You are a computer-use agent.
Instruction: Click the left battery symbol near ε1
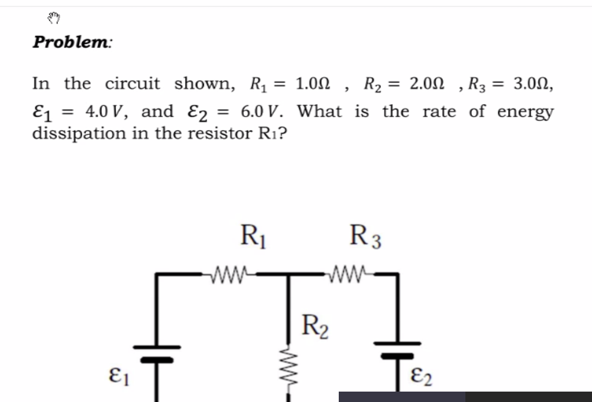(157, 353)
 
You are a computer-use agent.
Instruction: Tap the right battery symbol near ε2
(397, 350)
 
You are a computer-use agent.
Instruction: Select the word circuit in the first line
(133, 84)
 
